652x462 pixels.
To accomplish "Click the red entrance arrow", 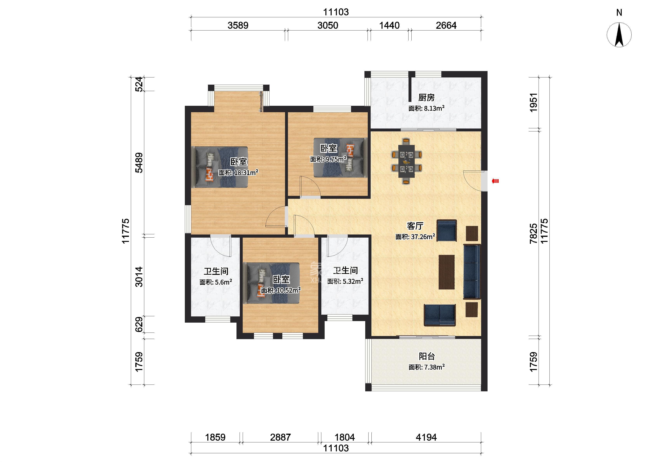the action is point(495,181).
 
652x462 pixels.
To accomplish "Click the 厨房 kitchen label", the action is point(426,98).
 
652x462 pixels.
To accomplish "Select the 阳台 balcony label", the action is point(427,356).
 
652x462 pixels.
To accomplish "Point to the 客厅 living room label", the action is point(415,226).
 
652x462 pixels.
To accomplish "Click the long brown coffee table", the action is point(446,272).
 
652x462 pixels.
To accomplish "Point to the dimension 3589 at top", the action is point(238,25).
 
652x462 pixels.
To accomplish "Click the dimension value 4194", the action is point(426,437).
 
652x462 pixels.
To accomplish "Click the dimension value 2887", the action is point(281,437).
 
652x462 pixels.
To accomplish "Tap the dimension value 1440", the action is point(389,25).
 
